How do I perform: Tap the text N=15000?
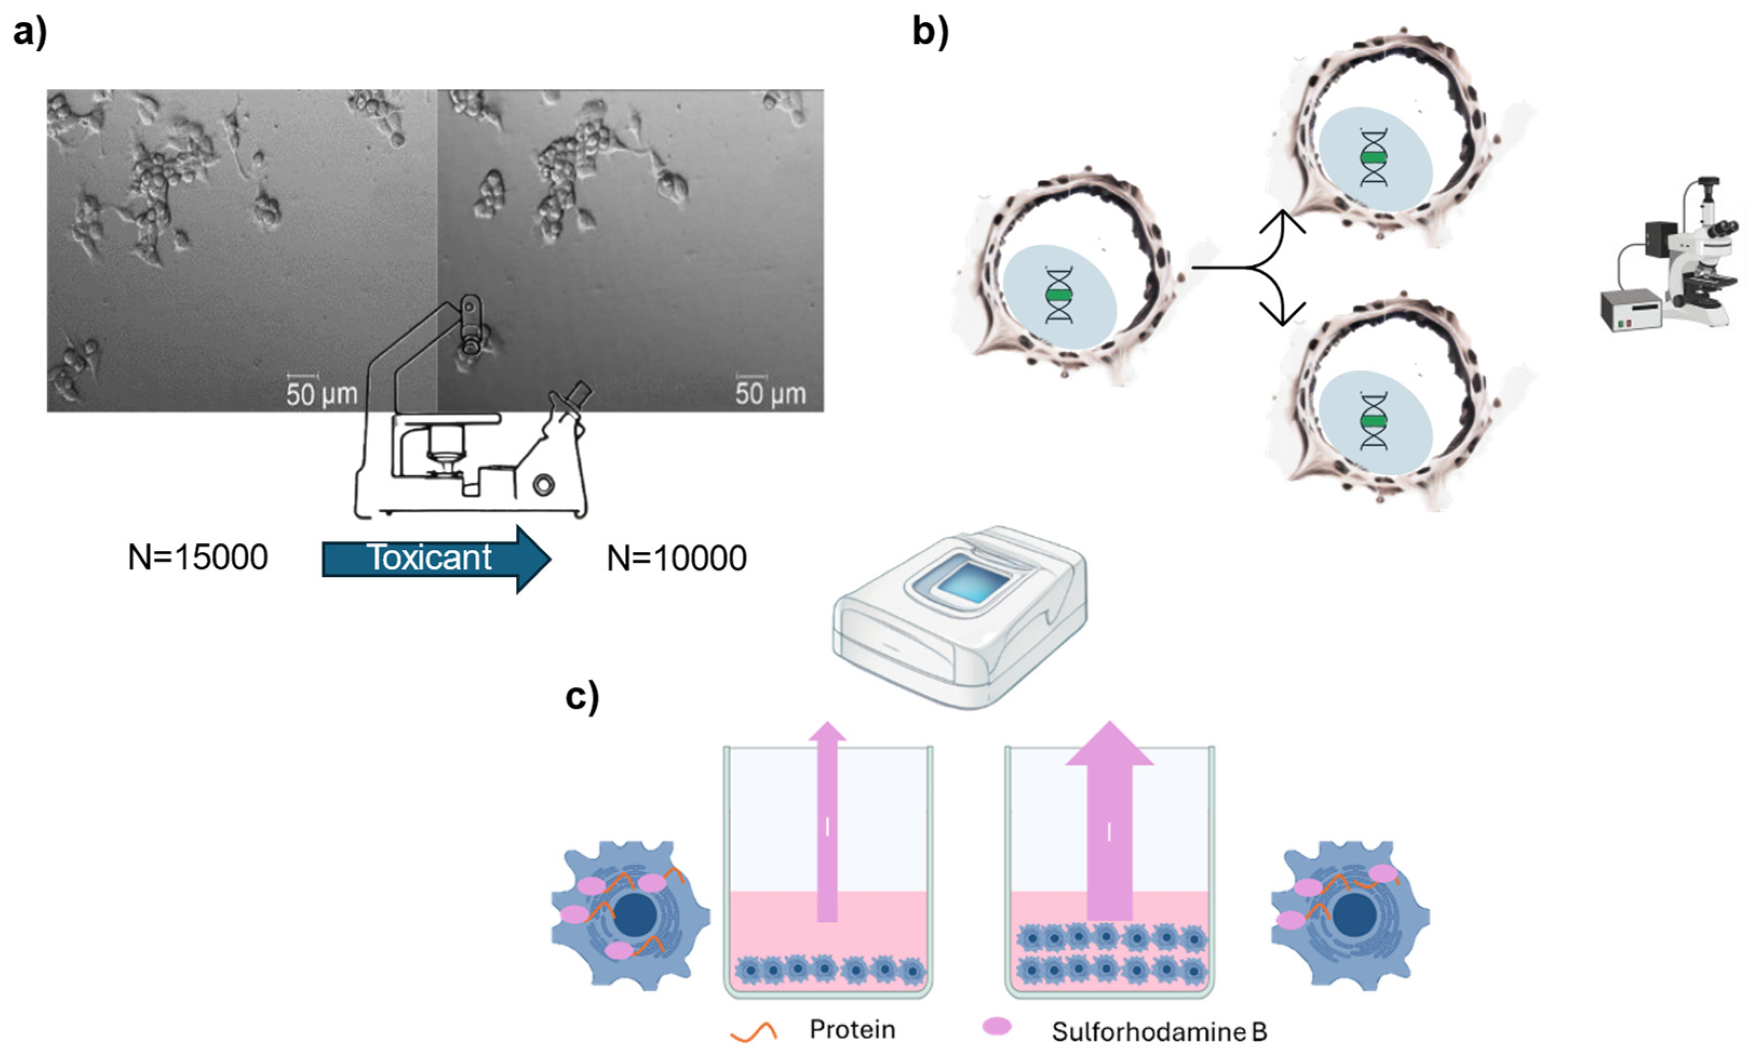click(198, 557)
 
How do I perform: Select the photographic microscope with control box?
click(1671, 256)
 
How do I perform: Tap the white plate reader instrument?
click(960, 619)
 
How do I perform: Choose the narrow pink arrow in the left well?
click(827, 825)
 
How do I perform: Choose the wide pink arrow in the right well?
click(1109, 825)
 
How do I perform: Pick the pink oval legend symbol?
click(997, 1026)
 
